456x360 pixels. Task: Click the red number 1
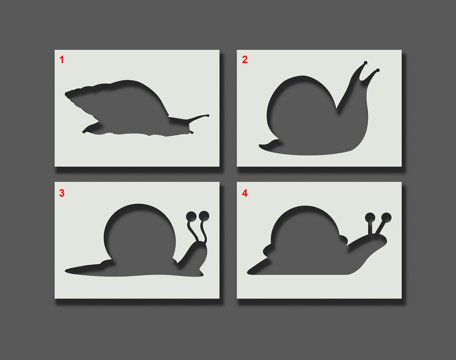click(62, 60)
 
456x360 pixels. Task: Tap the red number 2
click(244, 60)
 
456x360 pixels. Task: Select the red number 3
click(62, 193)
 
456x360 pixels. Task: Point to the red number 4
click(244, 193)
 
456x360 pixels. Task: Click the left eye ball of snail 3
click(190, 216)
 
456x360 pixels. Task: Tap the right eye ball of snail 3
click(204, 215)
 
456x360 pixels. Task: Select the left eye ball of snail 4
click(370, 218)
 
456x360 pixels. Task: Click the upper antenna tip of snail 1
click(207, 115)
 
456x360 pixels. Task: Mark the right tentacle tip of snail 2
click(377, 70)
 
